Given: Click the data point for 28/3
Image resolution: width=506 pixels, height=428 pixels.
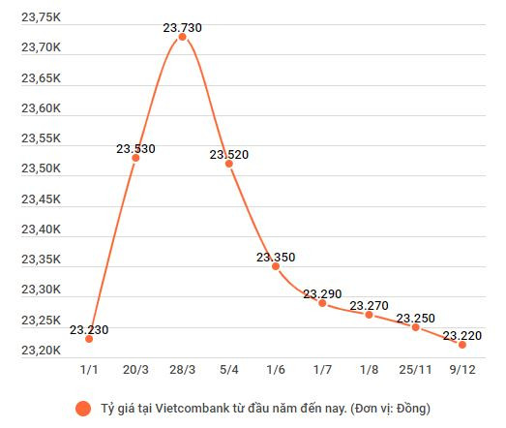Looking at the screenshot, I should (x=182, y=37).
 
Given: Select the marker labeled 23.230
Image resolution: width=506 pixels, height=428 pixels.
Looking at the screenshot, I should (x=89, y=339).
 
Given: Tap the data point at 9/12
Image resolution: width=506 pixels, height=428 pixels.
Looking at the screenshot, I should (x=461, y=345).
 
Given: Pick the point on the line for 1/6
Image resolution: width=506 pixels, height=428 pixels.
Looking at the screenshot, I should (x=276, y=266).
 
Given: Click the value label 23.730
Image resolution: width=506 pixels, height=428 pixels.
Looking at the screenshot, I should (x=182, y=27).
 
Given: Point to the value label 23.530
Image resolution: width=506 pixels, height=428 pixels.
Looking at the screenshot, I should (x=135, y=148).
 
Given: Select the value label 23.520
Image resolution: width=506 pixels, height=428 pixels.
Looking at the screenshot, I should (x=229, y=154).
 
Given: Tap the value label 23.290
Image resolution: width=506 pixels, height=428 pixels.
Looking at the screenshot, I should (x=322, y=293).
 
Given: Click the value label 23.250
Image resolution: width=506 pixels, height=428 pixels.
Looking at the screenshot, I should (x=416, y=318).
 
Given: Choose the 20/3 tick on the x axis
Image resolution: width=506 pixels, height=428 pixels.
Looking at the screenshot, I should (x=135, y=368).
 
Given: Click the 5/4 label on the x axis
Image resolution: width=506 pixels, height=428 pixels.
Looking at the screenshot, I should (x=229, y=368).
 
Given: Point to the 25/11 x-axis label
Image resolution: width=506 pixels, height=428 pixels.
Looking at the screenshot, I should (x=415, y=368).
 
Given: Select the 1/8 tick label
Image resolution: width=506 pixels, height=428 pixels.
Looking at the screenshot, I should (x=369, y=368).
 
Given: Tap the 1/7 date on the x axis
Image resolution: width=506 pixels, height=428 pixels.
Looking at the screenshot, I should (x=322, y=368).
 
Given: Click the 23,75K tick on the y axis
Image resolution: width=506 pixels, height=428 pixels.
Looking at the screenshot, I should (x=41, y=16).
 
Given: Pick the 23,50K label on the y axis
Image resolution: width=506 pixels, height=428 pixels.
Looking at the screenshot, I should (x=41, y=168).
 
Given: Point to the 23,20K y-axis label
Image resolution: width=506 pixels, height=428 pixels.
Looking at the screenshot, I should (x=41, y=350).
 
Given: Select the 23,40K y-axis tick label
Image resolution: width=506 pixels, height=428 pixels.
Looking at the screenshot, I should (x=41, y=229).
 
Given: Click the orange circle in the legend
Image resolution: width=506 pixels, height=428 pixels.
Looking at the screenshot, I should (x=83, y=407).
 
